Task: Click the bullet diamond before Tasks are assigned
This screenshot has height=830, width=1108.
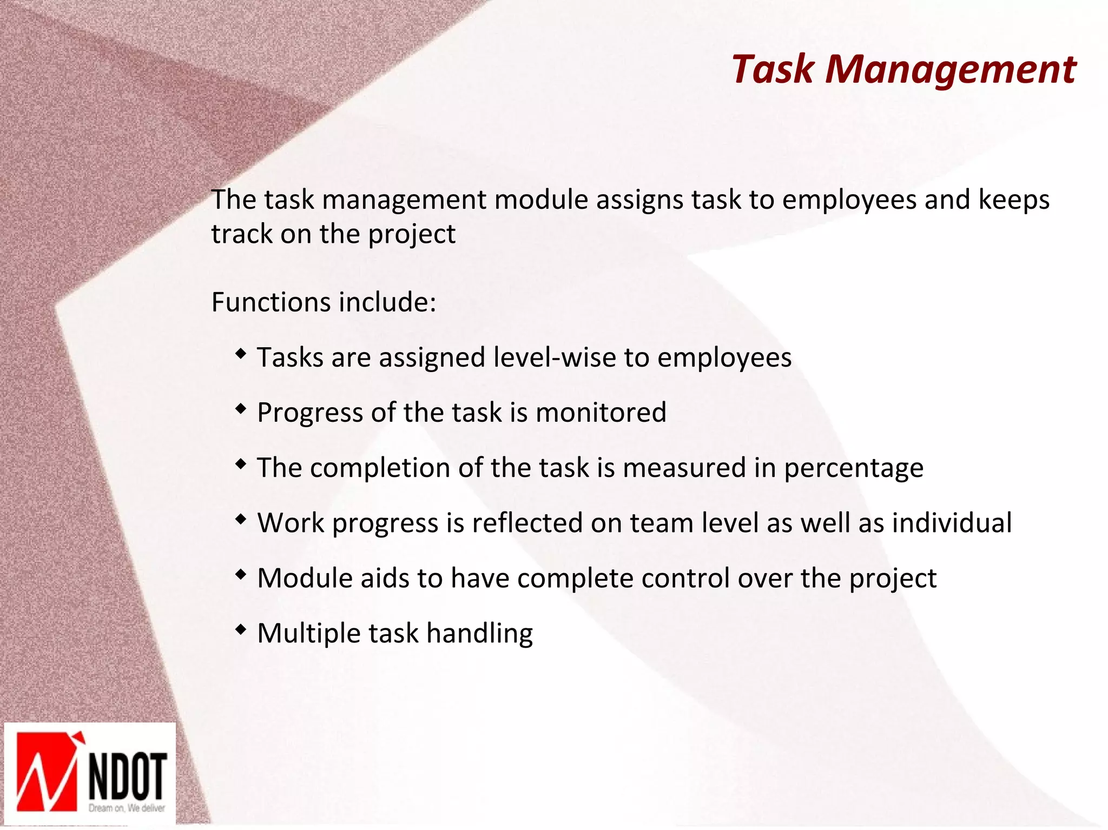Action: point(241,354)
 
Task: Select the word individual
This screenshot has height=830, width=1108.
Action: point(952,523)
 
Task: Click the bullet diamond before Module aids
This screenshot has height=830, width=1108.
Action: point(241,575)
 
